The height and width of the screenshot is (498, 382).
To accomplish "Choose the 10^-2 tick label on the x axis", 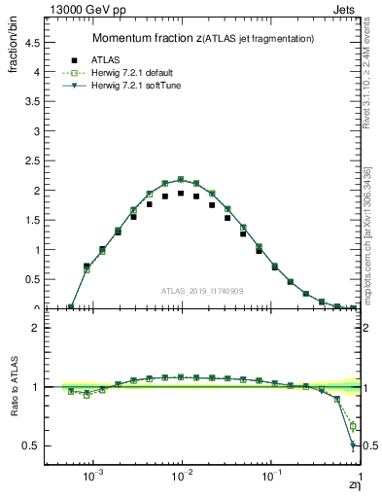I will point(182,477).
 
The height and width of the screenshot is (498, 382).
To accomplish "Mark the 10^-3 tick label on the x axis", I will point(92,477).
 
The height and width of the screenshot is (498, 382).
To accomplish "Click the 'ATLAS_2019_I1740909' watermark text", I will point(203,291).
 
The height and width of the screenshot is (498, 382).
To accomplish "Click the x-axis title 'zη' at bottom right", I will point(353,485).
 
